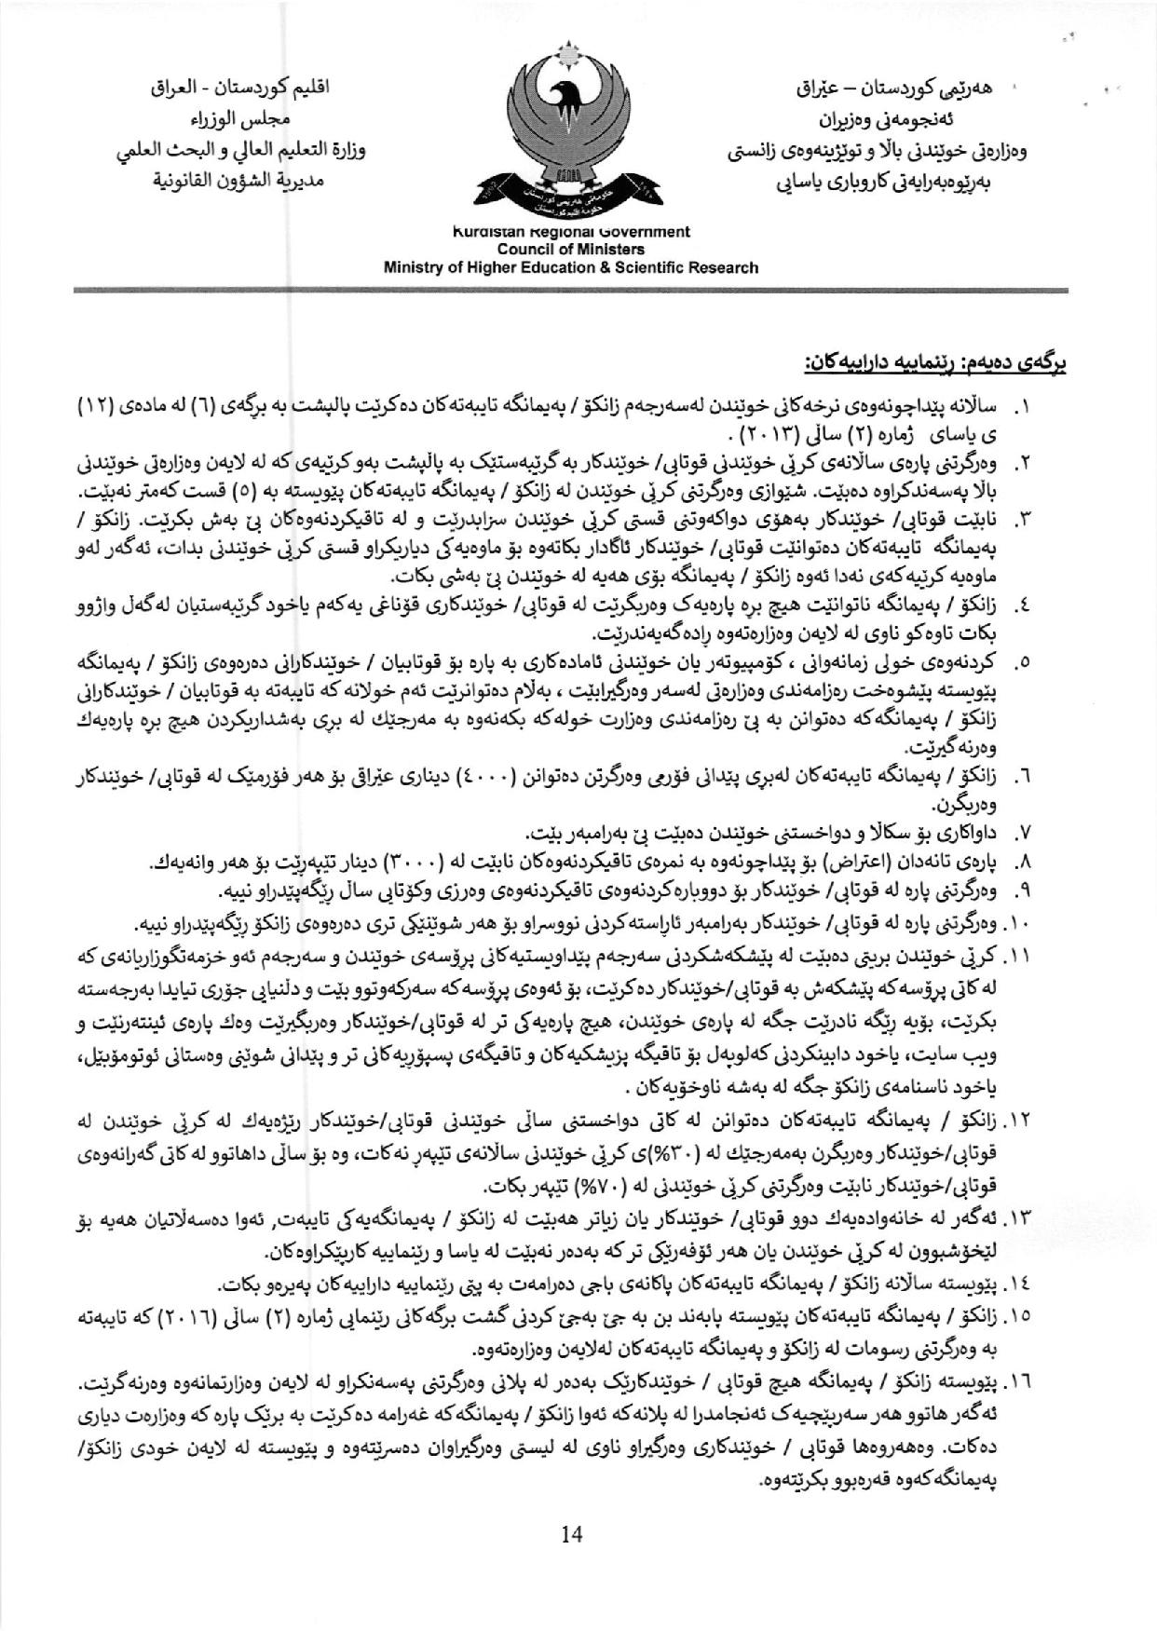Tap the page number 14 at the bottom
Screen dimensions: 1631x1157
[572, 1535]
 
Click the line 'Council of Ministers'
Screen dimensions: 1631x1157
[570, 250]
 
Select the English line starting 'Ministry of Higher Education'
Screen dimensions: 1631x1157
[571, 267]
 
